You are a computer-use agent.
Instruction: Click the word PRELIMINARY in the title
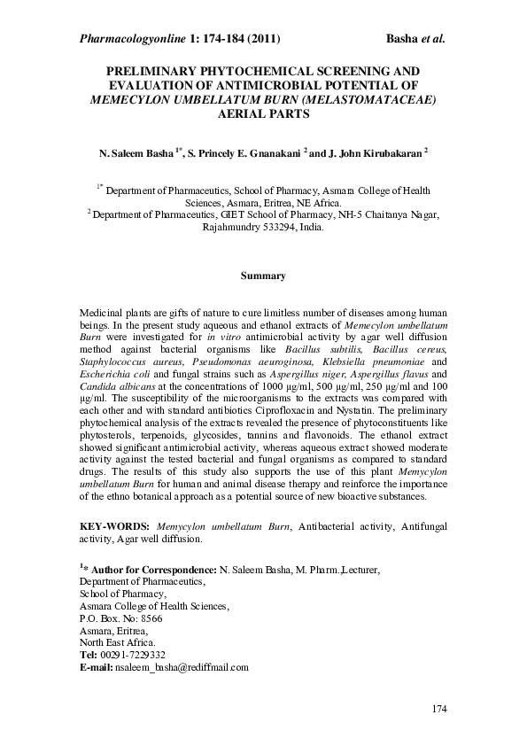[x=156, y=70]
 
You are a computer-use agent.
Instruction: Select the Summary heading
[x=263, y=276]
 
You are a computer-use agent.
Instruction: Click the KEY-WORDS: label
[x=111, y=526]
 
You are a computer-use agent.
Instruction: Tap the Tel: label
[x=89, y=654]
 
